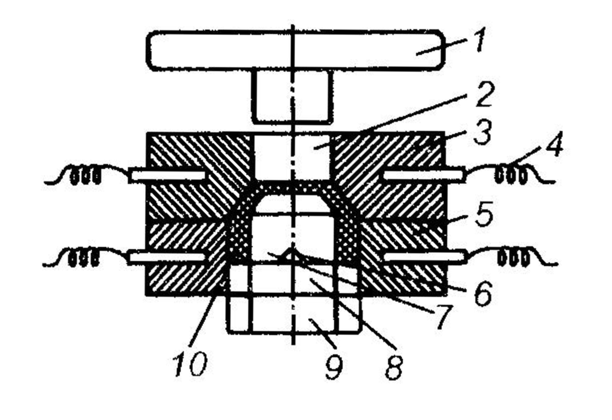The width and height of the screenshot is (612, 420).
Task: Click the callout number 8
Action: coord(394,366)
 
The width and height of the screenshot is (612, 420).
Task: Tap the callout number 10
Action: coord(190,364)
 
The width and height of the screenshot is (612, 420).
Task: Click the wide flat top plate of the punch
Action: coord(295,50)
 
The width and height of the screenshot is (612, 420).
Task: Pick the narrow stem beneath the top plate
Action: coord(291,96)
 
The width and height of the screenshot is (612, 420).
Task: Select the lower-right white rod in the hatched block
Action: coord(424,257)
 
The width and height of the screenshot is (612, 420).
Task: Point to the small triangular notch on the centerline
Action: coord(292,254)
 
